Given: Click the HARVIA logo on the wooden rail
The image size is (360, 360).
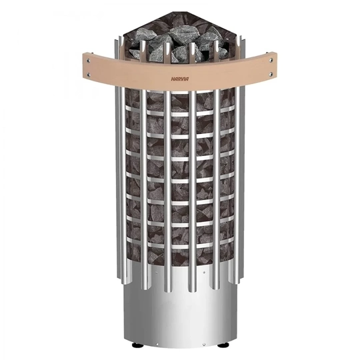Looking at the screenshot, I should pyautogui.click(x=180, y=78).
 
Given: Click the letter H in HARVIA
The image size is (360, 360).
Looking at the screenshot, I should pyautogui.click(x=169, y=78).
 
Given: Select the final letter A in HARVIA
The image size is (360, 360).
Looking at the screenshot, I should pyautogui.click(x=191, y=78).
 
